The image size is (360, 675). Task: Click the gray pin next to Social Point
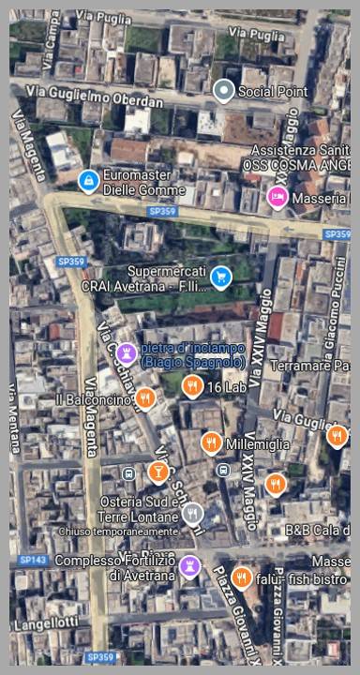point(223,91)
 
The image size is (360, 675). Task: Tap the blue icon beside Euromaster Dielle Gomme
point(88,180)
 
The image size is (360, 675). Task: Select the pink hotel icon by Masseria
point(277,197)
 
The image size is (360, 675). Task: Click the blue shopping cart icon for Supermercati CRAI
point(220,277)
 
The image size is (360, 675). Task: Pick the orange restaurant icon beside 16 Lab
point(192,385)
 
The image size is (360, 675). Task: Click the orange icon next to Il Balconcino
point(144,399)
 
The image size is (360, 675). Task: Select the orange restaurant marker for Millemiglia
point(212,442)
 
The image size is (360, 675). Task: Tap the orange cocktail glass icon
point(158,471)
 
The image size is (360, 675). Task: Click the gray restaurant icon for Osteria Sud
point(192,513)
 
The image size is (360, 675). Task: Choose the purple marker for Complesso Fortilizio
point(190,566)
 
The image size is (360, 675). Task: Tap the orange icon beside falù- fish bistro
point(242,577)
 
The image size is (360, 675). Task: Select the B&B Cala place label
point(317,531)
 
